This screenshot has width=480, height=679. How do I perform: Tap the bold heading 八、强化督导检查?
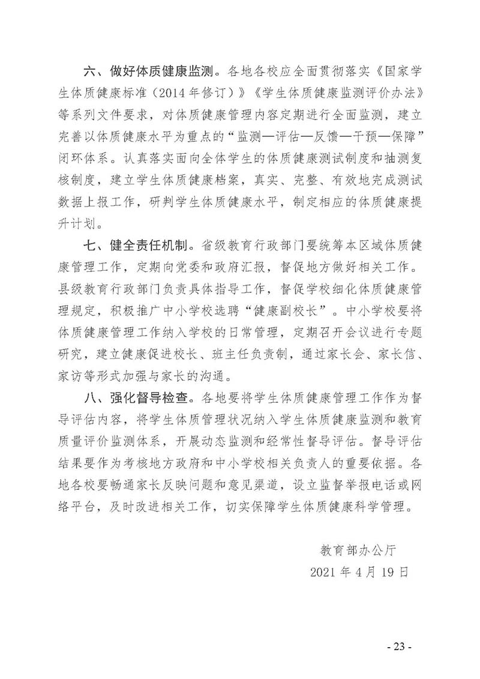point(140,397)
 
